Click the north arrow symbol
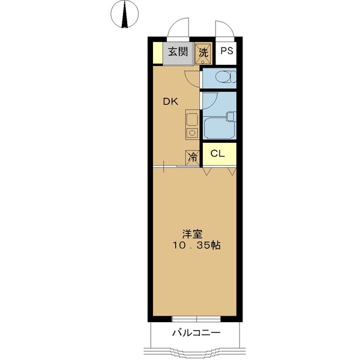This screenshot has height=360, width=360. [125, 15]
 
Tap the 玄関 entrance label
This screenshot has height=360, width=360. [177, 52]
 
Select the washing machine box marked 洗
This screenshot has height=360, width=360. [203, 52]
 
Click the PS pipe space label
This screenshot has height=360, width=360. [226, 52]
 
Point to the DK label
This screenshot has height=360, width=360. [171, 101]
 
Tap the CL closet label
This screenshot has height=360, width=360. [217, 154]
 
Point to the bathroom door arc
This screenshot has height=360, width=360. [207, 102]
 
